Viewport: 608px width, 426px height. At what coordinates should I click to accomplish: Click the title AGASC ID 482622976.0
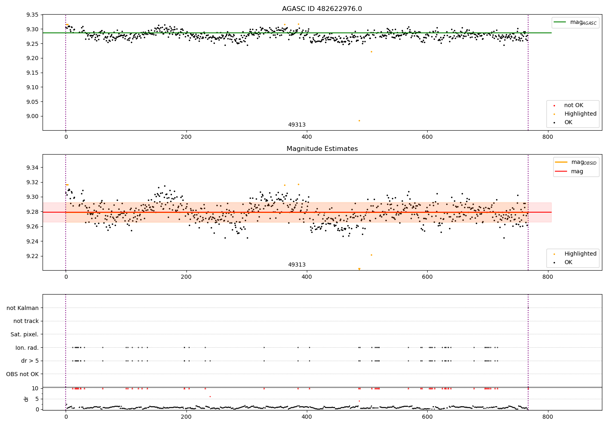pyautogui.click(x=322, y=9)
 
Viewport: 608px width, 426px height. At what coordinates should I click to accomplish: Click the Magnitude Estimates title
pyautogui.click(x=322, y=149)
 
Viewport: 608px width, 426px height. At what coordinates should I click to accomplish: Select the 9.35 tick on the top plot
pyautogui.click(x=32, y=15)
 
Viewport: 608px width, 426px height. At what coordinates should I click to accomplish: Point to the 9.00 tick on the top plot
pyautogui.click(x=32, y=116)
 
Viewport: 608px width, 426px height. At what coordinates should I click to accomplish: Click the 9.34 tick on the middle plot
pyautogui.click(x=32, y=168)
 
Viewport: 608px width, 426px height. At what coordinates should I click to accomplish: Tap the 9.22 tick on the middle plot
pyautogui.click(x=32, y=256)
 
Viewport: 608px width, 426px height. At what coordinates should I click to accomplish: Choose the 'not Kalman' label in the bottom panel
pyautogui.click(x=23, y=308)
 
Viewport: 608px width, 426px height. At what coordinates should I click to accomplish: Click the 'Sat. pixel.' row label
pyautogui.click(x=25, y=334)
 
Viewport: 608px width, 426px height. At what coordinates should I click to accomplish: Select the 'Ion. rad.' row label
pyautogui.click(x=27, y=348)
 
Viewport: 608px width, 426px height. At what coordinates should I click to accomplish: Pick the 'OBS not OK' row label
pyautogui.click(x=22, y=374)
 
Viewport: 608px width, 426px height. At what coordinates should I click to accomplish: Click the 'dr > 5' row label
pyautogui.click(x=30, y=361)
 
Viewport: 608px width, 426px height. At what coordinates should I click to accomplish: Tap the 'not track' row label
pyautogui.click(x=26, y=321)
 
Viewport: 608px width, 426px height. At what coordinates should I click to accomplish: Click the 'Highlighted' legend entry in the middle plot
pyautogui.click(x=580, y=254)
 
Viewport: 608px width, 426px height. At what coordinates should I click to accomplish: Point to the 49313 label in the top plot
pyautogui.click(x=297, y=125)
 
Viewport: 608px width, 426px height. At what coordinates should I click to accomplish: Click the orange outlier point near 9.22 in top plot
pyautogui.click(x=371, y=52)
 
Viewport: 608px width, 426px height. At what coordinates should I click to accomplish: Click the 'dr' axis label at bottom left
pyautogui.click(x=26, y=399)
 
